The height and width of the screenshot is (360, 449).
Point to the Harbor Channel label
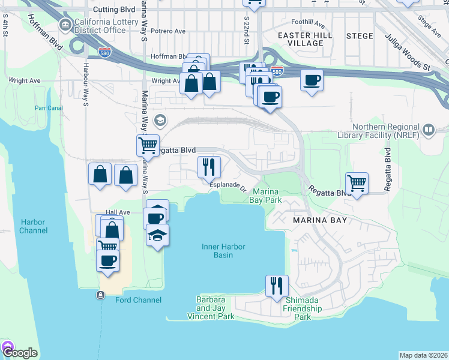[x=32, y=226]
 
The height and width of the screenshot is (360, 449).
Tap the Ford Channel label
[x=138, y=300]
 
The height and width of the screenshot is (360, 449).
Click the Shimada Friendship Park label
[x=303, y=308]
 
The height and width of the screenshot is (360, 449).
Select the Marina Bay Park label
[x=266, y=196]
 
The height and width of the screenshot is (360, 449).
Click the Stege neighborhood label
[x=360, y=36]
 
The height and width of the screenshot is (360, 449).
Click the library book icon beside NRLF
[x=429, y=129]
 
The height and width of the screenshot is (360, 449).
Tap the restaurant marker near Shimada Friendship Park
[x=277, y=285]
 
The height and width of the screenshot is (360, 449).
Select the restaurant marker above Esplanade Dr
[x=209, y=166]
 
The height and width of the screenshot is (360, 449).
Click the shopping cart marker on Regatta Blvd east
[x=357, y=182]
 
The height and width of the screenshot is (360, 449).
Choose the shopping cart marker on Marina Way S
[x=147, y=145]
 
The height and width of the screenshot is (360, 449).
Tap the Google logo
[x=19, y=352]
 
